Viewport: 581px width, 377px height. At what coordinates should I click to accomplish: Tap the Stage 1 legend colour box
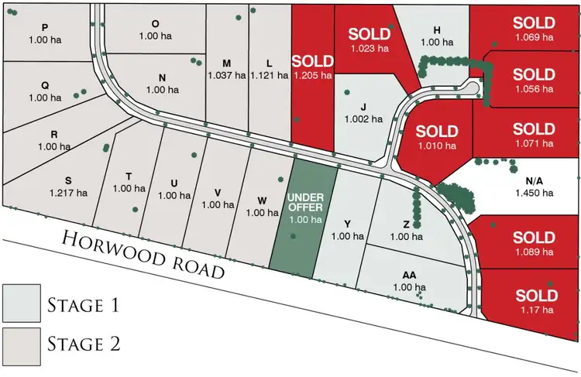point(22,303)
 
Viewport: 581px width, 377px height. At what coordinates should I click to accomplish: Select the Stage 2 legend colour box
point(22,341)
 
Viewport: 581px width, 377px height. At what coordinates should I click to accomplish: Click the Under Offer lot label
point(304,202)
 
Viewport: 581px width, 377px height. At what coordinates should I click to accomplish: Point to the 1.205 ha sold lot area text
point(313,75)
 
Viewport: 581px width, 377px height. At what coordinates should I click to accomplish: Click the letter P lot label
point(44,27)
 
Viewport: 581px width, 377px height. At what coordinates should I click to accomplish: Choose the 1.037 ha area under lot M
point(226,76)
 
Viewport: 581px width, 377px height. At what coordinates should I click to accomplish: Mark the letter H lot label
point(437,29)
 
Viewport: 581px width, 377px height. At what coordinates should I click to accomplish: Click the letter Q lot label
point(44,85)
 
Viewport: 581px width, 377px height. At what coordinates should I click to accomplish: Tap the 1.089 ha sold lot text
point(535,251)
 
